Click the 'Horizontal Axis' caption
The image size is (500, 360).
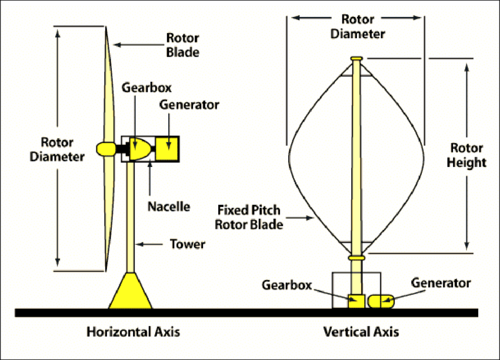click(x=133, y=332)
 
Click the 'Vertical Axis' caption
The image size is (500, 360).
click(x=361, y=332)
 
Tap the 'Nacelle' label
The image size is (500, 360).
click(x=169, y=206)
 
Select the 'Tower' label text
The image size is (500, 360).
click(x=188, y=244)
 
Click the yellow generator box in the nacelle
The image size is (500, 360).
click(x=168, y=148)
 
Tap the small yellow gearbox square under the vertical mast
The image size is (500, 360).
click(x=356, y=301)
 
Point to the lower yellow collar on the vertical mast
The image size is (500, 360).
click(x=356, y=258)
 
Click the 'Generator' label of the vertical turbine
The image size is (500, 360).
click(x=441, y=283)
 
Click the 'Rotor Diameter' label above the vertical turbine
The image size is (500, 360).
click(x=358, y=26)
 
